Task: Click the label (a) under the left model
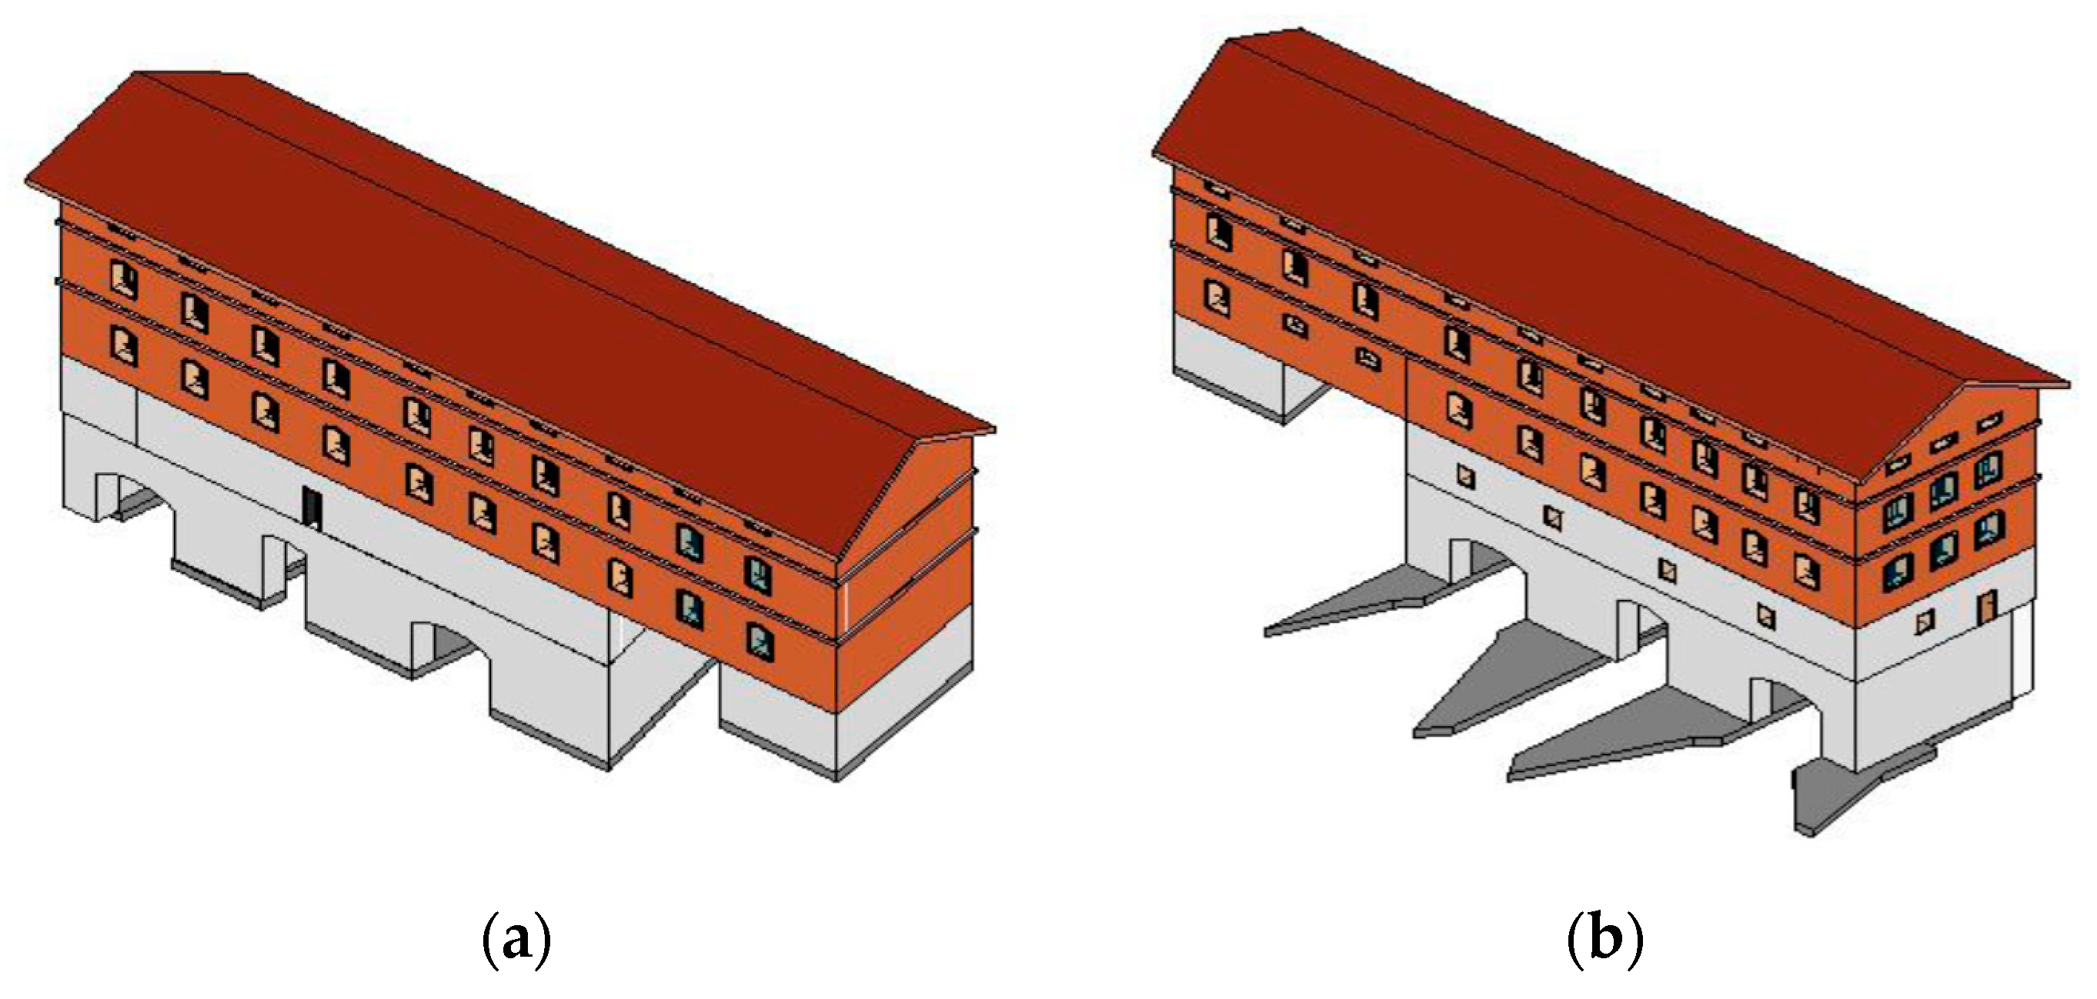tap(518, 941)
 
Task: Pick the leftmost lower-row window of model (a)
tap(124, 348)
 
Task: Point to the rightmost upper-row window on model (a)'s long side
tap(759, 574)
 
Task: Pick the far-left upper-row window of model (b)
tap(1219, 231)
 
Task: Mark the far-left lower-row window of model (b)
tap(1219, 297)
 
